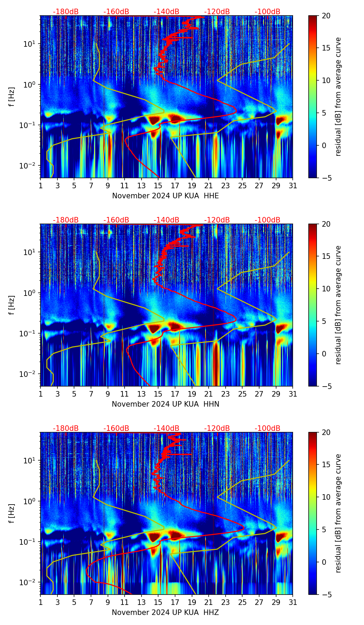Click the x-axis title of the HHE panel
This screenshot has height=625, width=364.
tap(165, 196)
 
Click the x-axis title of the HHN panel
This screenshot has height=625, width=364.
tap(165, 404)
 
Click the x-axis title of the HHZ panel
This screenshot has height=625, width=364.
tap(165, 613)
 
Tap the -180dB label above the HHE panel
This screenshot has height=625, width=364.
tap(66, 12)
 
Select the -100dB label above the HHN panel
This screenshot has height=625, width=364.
tap(267, 220)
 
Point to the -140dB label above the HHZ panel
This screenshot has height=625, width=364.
tap(166, 428)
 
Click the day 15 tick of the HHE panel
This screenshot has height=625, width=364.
tap(158, 186)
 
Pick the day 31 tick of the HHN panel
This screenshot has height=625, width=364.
tap(293, 394)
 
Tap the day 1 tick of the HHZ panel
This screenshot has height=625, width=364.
tap(40, 603)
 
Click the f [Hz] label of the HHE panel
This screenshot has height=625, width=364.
tap(12, 97)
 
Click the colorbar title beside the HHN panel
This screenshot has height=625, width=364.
tap(338, 305)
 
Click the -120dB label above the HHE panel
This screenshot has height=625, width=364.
tap(217, 12)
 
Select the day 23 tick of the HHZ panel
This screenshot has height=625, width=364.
tap(225, 603)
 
